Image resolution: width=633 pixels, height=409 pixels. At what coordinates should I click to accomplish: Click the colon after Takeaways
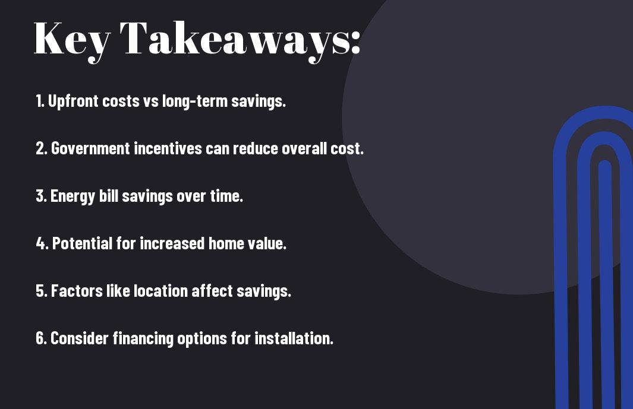(355, 42)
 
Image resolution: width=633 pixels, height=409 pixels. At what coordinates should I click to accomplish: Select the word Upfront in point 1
(74, 102)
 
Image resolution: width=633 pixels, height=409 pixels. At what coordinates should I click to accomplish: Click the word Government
(90, 148)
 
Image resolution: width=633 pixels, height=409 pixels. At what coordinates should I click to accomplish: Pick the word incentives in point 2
(168, 148)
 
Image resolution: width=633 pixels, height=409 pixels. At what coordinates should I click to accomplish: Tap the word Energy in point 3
(73, 196)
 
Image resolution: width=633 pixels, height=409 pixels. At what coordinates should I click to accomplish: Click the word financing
(143, 339)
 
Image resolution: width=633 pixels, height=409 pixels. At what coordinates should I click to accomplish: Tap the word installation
(294, 338)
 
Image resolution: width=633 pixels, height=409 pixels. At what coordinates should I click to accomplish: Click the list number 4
(41, 243)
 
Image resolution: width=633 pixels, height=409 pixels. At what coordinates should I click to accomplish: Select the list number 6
(40, 338)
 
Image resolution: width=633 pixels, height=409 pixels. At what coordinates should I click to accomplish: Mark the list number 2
(40, 148)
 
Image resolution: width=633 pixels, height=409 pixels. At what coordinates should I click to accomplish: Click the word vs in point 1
(150, 102)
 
